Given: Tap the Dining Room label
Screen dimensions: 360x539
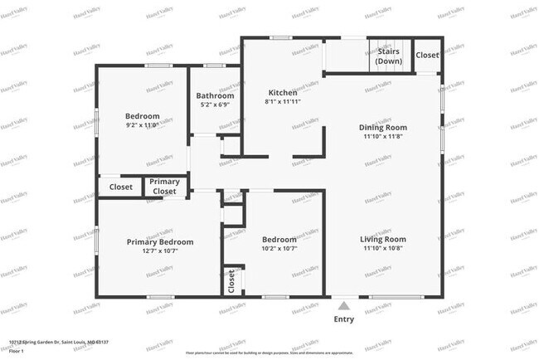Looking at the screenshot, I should pos(382,127).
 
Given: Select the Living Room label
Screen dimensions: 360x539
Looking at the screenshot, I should pos(382,239).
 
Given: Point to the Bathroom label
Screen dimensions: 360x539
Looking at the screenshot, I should pos(215,95).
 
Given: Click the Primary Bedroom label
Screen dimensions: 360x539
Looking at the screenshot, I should pos(160,242).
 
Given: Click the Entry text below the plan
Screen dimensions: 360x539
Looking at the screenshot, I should pos(343,319).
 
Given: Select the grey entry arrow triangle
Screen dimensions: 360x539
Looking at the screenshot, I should pos(343,306).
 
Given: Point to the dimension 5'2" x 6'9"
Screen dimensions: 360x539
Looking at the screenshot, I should pos(215,105).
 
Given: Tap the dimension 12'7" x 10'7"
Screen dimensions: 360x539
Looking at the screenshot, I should pos(160,251).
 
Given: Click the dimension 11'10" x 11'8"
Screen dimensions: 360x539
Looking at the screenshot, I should pos(382,137).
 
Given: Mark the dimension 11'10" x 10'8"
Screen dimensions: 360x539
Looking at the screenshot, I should pos(382,249).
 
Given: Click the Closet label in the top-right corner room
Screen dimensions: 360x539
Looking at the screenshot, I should pos(427,55).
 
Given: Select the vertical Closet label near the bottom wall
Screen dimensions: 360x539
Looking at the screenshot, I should pos(231,280).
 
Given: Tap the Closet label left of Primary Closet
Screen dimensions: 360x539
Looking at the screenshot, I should pos(121,187).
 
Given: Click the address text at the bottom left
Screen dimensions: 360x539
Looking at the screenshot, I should pos(58,342).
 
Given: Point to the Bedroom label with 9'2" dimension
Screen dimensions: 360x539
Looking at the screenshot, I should pos(142,116).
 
